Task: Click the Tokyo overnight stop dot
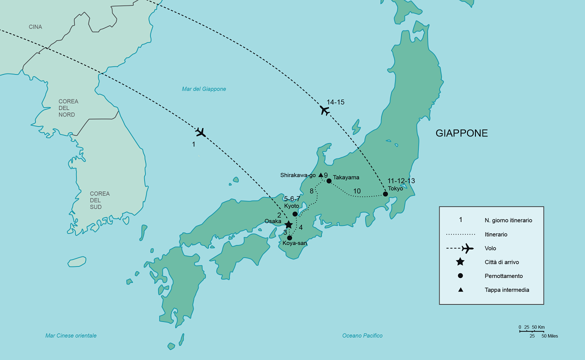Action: pos(385,194)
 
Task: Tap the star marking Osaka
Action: pos(288,225)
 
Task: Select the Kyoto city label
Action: pos(291,206)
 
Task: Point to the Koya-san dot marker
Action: pos(289,238)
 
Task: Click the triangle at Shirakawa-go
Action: pos(320,175)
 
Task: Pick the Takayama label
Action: pos(346,177)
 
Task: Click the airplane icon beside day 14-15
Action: pos(325,110)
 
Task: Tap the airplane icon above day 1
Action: pos(201,132)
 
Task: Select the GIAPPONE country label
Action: pos(461,133)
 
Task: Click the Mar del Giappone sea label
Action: pos(203,89)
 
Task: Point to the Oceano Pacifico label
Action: pos(362,335)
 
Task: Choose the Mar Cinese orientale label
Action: pos(71,335)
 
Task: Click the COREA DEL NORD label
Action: pos(68,108)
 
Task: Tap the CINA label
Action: pos(35,26)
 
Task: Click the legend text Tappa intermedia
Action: pos(506,290)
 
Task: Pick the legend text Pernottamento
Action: pos(503,276)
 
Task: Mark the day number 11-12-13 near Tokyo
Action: pos(401,181)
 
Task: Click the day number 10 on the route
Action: pos(357,191)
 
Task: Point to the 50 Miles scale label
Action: pos(549,336)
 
